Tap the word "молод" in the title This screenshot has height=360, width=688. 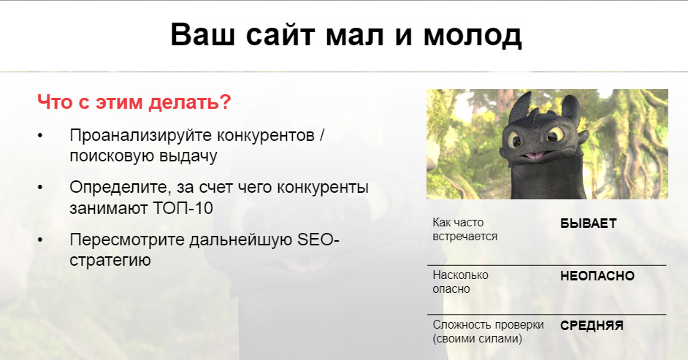pos(472,36)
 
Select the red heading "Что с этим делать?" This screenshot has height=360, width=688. pos(134,102)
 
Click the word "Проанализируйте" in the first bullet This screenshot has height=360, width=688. pos(140,136)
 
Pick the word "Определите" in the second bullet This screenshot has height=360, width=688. pos(121,188)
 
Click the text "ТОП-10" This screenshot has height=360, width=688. pos(183,208)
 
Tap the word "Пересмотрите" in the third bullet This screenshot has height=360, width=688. pos(128,240)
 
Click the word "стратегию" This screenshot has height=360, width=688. pos(110,261)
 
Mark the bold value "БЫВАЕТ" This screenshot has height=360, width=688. pos(589,223)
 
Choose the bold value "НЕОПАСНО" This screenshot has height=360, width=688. pos(597,276)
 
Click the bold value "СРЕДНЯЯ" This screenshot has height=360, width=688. pos(592,326)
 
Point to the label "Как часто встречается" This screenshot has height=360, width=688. pos(465,229)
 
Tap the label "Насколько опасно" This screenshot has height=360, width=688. pos(460,282)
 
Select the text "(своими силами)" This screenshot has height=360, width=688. pos(478,339)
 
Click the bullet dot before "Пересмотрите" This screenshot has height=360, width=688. pos(40,240)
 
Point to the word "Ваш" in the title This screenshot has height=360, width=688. pos(203,34)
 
